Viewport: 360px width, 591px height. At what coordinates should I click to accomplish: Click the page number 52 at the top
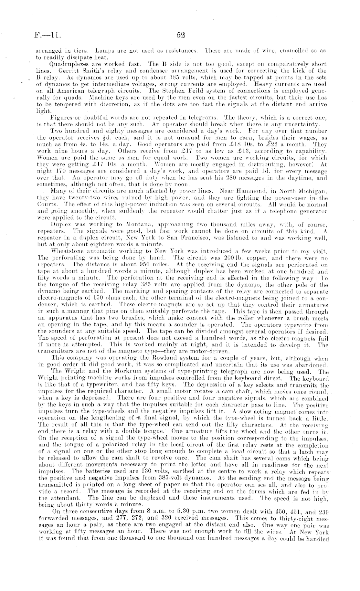coord(181,35)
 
